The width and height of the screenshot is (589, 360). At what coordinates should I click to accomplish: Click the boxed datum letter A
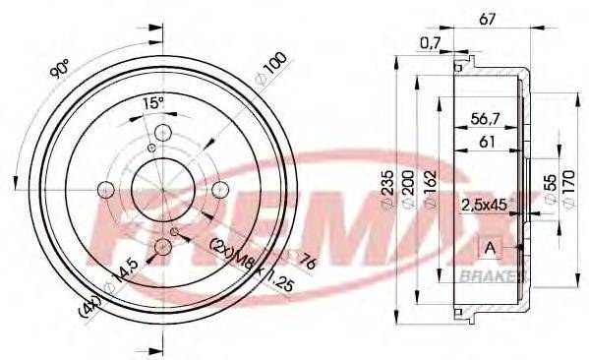coord(488,247)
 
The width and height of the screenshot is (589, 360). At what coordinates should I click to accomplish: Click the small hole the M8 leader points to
coord(174,232)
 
